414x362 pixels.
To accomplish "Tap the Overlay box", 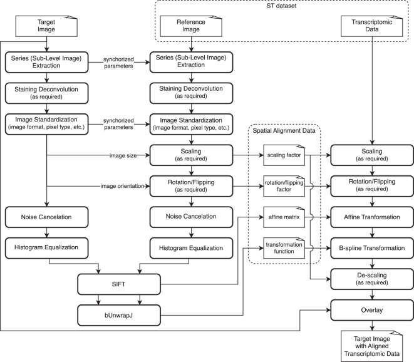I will (373, 309).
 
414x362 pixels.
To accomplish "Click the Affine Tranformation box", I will (373, 217).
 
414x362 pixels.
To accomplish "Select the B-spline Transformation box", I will (373, 248).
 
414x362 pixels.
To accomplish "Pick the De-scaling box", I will (373, 278).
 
